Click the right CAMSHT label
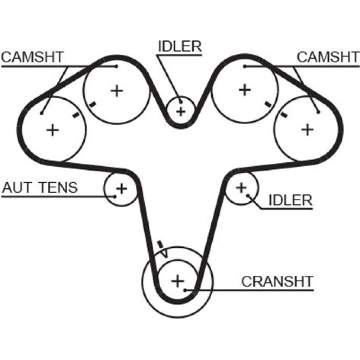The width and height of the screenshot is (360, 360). [x=328, y=57]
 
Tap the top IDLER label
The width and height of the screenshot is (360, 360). [x=180, y=46]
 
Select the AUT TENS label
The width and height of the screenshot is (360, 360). [x=40, y=188]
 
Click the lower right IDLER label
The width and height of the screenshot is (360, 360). [x=291, y=200]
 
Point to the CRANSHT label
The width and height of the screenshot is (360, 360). [x=277, y=281]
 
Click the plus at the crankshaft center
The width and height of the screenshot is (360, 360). [x=177, y=280]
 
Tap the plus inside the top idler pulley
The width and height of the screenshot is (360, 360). [x=181, y=111]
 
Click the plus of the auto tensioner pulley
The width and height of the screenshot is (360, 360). [x=122, y=188]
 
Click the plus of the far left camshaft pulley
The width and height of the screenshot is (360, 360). [x=53, y=130]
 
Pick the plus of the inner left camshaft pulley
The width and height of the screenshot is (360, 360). [x=116, y=90]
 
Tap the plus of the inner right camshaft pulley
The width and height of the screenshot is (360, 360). [x=245, y=90]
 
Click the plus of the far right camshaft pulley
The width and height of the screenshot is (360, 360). [x=307, y=129]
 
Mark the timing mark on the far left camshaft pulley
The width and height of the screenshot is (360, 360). [x=76, y=115]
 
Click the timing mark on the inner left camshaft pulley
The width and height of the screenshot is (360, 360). [x=93, y=105]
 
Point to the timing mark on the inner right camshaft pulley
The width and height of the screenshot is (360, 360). [x=268, y=104]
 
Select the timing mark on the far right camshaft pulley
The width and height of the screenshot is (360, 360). [x=284, y=115]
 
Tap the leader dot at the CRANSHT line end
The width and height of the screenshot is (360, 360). [x=185, y=289]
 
